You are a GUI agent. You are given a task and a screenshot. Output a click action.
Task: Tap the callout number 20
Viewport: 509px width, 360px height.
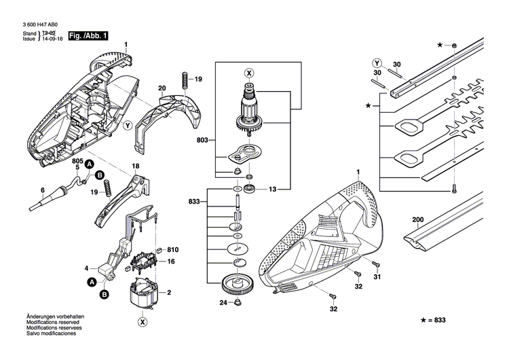tap(162, 88)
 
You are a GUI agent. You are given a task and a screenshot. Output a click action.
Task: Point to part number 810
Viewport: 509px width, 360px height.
tap(172, 249)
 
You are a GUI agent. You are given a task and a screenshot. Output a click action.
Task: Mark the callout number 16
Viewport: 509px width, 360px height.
tap(171, 261)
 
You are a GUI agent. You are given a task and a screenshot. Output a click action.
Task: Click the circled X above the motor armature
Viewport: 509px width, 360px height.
tap(248, 73)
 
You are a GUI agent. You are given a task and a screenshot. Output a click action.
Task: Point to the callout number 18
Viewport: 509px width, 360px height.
tap(136, 166)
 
